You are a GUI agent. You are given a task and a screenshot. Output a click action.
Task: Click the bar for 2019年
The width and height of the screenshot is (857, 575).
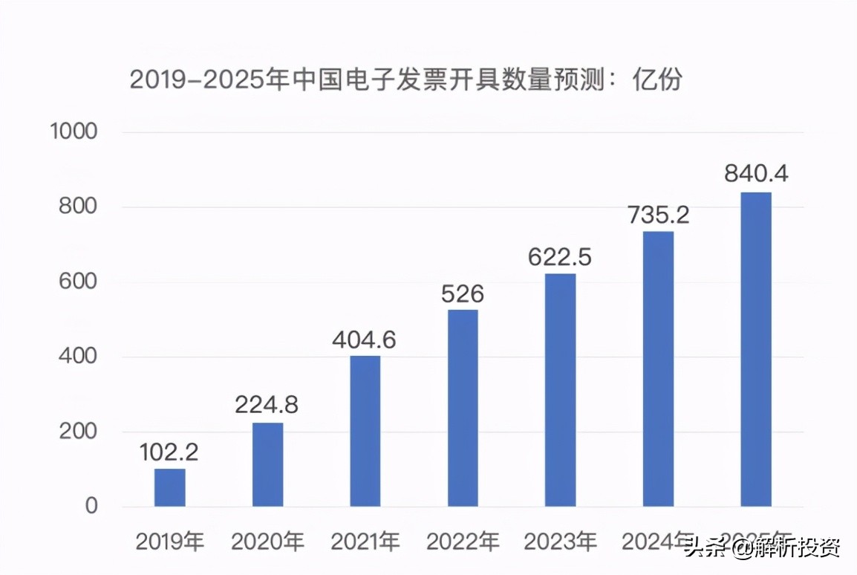coord(170,487)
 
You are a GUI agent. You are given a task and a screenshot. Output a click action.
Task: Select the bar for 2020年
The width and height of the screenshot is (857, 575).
coord(267,464)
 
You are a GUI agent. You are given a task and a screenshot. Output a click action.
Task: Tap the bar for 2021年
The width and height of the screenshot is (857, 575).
coord(365,431)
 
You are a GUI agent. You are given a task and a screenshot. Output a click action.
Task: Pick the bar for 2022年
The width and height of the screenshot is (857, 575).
coord(463,408)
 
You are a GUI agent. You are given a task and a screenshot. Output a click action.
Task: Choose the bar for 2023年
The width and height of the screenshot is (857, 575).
coord(560,390)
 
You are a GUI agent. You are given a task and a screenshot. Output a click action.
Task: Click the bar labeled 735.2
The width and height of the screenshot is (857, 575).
coord(658,369)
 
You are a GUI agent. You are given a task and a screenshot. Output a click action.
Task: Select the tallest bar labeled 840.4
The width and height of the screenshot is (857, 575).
coord(756,349)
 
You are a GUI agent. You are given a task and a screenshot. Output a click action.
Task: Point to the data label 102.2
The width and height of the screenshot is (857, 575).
coord(170,452)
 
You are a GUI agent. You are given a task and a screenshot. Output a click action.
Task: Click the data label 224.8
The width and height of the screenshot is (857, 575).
coord(267,406)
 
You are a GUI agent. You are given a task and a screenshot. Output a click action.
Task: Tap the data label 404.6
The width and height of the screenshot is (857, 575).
coord(365,340)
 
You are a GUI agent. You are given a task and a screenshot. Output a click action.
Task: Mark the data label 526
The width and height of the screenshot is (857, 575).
coord(463,294)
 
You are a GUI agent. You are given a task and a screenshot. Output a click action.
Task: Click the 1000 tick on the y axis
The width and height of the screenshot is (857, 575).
coord(74,132)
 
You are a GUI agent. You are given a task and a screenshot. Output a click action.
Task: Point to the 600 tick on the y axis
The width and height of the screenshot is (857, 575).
coord(78,282)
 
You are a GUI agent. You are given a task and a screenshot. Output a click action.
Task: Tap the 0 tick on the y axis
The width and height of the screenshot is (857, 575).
coord(91,507)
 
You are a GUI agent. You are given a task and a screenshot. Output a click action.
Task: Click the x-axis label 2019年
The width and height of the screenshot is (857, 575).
coord(170,542)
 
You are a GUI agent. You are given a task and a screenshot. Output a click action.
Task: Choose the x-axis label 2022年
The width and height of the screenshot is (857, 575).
coord(463,542)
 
